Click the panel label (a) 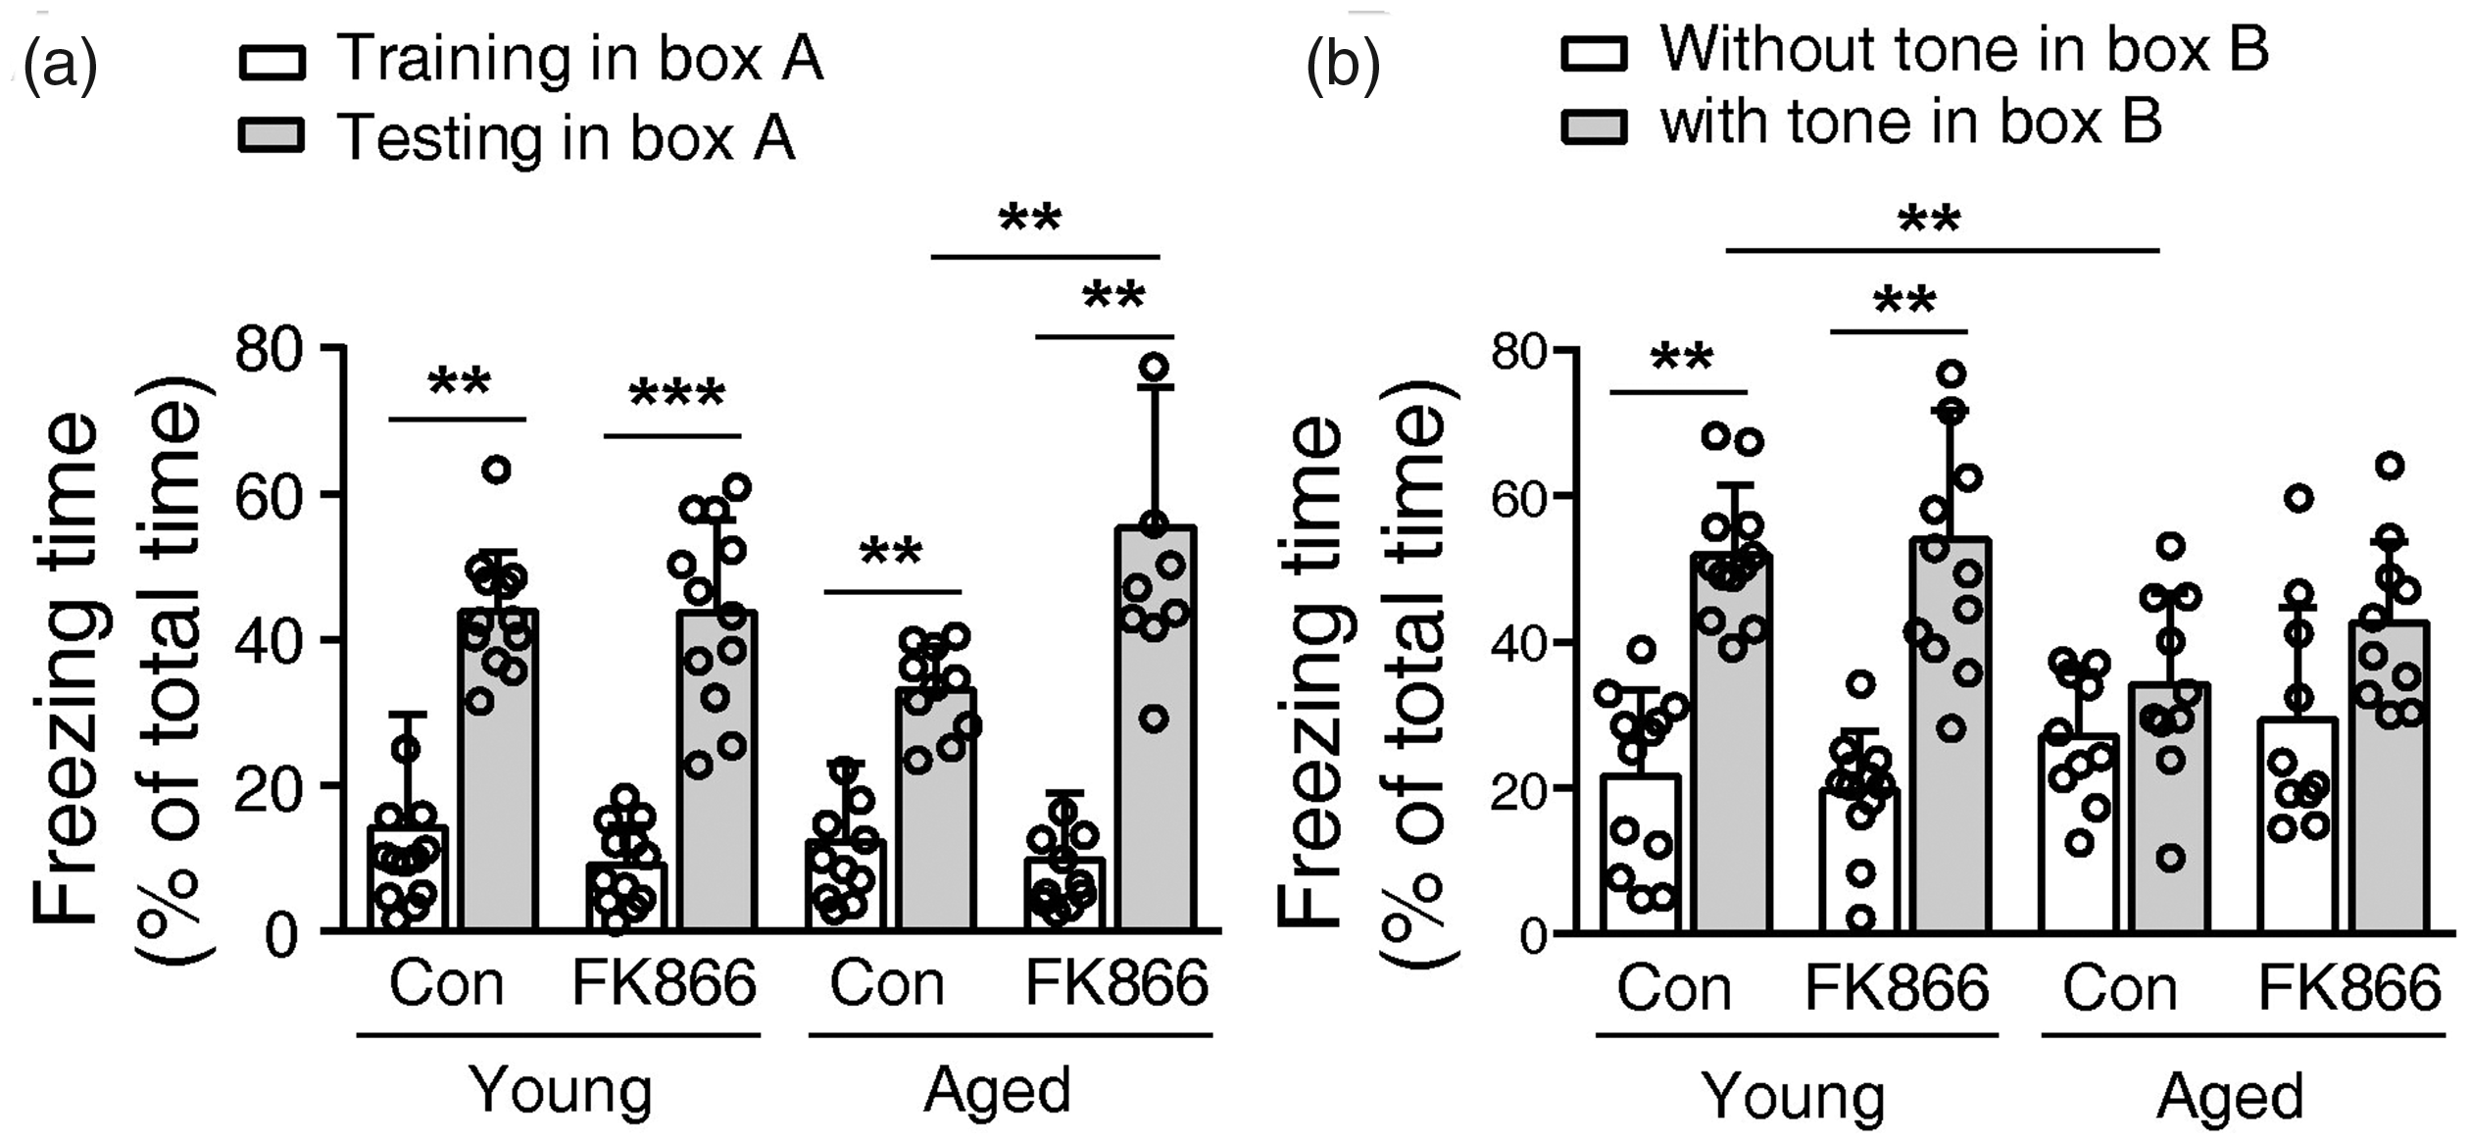(x=61, y=65)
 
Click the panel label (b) (x=1343, y=65)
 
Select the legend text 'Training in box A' (x=580, y=59)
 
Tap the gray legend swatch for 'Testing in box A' (x=272, y=136)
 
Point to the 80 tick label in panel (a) (x=266, y=350)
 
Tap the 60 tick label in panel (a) (x=266, y=496)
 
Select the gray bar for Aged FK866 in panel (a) (x=1156, y=728)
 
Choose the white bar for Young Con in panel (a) (x=407, y=878)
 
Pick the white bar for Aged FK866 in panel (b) (x=2298, y=825)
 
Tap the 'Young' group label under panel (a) (x=561, y=1091)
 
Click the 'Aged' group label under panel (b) (x=2230, y=1097)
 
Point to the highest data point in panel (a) (x=1156, y=367)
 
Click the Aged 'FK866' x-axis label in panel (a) (x=1116, y=983)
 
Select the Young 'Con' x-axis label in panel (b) (x=1674, y=988)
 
